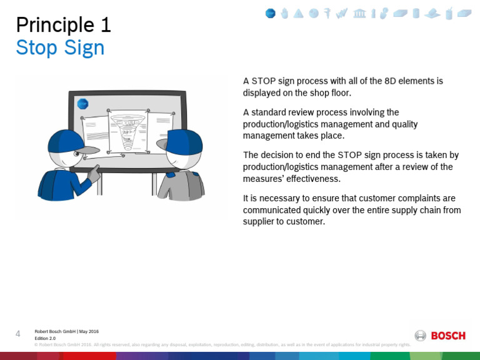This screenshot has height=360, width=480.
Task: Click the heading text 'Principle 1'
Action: [63, 24]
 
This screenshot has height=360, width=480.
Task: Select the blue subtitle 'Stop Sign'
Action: [60, 48]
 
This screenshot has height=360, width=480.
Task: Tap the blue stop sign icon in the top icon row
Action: [270, 13]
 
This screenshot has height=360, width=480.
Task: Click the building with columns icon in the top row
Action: [359, 13]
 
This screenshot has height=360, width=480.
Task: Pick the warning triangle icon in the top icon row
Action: [299, 13]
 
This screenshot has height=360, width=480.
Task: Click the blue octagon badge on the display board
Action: [82, 104]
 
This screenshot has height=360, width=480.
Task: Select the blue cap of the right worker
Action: [185, 142]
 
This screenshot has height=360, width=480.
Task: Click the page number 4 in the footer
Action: [18, 334]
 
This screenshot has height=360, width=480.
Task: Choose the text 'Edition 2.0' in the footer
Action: [45, 338]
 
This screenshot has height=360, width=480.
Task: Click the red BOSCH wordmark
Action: [448, 336]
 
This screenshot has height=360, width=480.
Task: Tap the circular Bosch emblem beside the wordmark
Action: [421, 336]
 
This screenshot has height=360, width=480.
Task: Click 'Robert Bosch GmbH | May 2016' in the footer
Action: [66, 331]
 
